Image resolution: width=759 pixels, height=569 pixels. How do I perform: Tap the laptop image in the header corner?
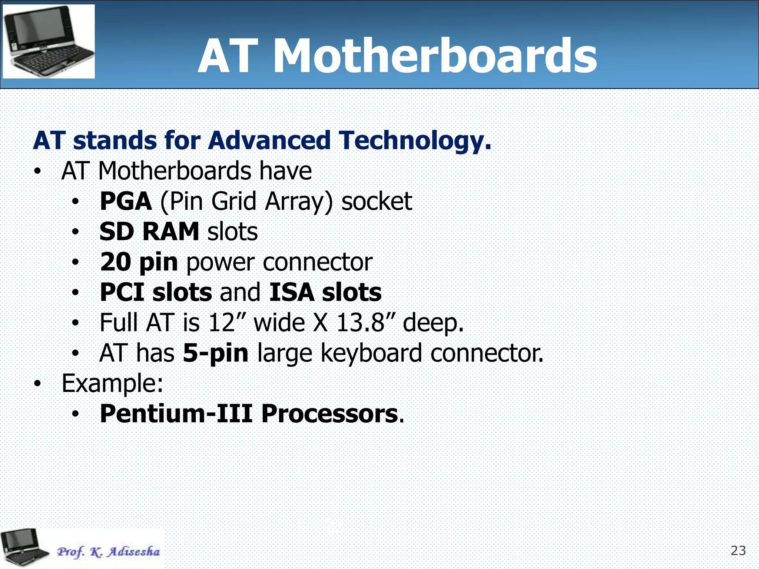click(x=49, y=41)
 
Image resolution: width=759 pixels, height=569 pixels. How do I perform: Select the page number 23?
click(x=738, y=551)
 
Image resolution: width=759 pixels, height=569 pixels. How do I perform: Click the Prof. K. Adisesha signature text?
click(x=108, y=552)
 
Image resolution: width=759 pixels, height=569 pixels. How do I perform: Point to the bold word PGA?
click(x=126, y=201)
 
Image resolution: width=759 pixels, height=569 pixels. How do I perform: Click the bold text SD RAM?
click(x=149, y=232)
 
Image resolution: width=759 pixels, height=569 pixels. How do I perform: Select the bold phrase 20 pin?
click(x=139, y=262)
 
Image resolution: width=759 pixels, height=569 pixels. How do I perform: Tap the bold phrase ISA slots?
click(x=325, y=292)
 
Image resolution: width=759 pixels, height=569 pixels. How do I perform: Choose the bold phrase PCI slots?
click(x=156, y=292)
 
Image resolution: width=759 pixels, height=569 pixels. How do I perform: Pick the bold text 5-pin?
click(x=216, y=353)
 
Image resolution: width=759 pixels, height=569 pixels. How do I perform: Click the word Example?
click(x=112, y=383)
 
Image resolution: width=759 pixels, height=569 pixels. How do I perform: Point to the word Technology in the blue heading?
click(x=415, y=141)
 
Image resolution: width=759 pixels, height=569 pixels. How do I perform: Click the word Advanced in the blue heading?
click(x=269, y=141)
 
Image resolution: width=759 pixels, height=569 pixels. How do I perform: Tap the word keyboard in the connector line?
click(x=371, y=353)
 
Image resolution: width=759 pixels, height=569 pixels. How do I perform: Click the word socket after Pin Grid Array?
click(x=376, y=201)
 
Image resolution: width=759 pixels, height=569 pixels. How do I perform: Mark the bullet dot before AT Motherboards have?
click(x=37, y=172)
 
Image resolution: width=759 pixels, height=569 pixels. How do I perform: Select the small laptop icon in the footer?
click(x=23, y=548)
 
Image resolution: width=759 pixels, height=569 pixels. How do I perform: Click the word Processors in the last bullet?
click(x=329, y=413)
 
